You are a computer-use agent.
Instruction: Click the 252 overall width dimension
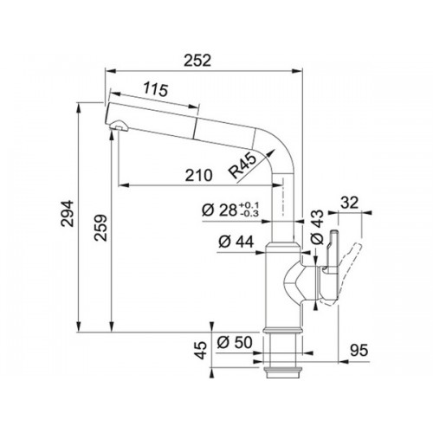pyautogui.click(x=197, y=61)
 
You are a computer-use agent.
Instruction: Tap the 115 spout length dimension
pyautogui.click(x=156, y=89)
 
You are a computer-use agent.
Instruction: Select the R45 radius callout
pyautogui.click(x=242, y=165)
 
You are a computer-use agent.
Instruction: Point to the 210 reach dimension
pyautogui.click(x=198, y=175)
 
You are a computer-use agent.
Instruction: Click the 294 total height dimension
pyautogui.click(x=68, y=213)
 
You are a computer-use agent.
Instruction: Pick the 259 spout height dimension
pyautogui.click(x=101, y=228)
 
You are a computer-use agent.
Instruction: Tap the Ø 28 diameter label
pyautogui.click(x=219, y=210)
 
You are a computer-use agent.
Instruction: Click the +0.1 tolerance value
pyautogui.click(x=249, y=205)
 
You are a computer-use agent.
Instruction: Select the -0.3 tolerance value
pyautogui.click(x=249, y=214)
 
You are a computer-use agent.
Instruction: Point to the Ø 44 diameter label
pyautogui.click(x=236, y=242)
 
